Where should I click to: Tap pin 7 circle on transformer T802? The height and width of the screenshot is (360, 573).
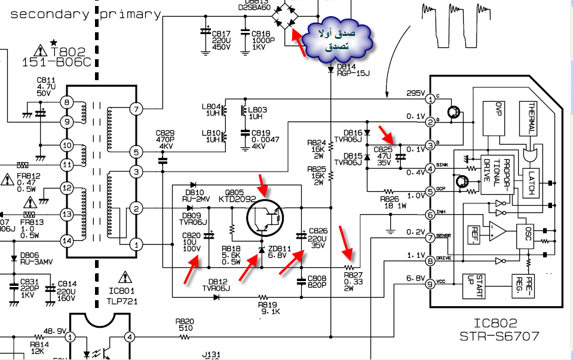pyautogui.click(x=137, y=108)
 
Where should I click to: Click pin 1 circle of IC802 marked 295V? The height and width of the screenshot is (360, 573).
pyautogui.click(x=430, y=98)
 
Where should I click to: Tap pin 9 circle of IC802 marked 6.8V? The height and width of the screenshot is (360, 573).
pyautogui.click(x=430, y=284)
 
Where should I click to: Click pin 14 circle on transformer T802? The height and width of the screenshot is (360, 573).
pyautogui.click(x=67, y=241)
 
